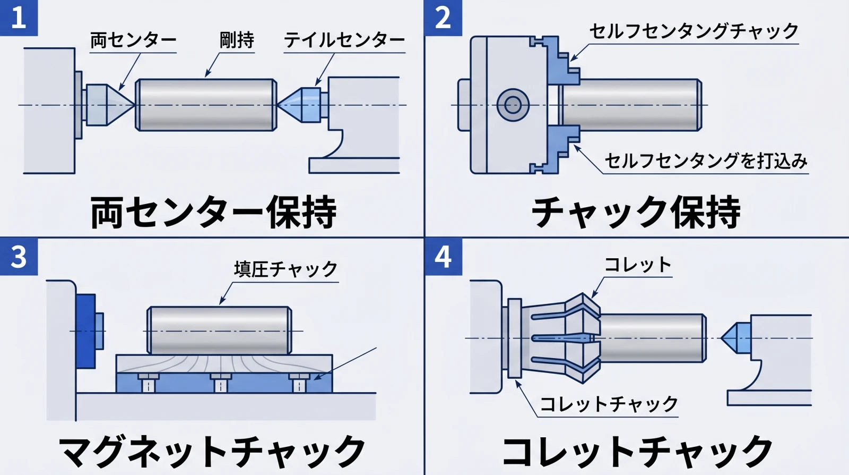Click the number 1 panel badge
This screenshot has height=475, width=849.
pyautogui.click(x=19, y=18)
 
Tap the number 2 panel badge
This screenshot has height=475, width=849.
pyautogui.click(x=443, y=18)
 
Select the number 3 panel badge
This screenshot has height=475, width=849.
pyautogui.click(x=19, y=257)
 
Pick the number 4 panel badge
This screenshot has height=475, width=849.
pyautogui.click(x=443, y=257)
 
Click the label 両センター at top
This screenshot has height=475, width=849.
pyautogui.click(x=133, y=40)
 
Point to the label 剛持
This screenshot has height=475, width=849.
pyautogui.click(x=237, y=40)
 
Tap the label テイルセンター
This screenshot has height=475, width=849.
pyautogui.click(x=344, y=40)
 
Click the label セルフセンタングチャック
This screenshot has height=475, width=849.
pyautogui.click(x=693, y=31)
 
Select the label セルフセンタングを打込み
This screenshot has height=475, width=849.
pyautogui.click(x=706, y=161)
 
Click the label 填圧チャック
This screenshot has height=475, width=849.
pyautogui.click(x=285, y=269)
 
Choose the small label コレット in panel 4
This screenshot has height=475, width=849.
pyautogui.click(x=638, y=265)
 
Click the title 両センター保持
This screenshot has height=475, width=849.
pyautogui.click(x=213, y=213)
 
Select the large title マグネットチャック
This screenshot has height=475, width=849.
pyautogui.click(x=212, y=452)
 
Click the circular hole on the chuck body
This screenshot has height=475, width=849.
pyautogui.click(x=513, y=105)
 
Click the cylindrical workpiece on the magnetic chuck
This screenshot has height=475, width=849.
pyautogui.click(x=219, y=330)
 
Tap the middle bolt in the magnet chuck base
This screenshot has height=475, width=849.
pyautogui.click(x=221, y=383)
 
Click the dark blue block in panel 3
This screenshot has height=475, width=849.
pyautogui.click(x=85, y=331)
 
